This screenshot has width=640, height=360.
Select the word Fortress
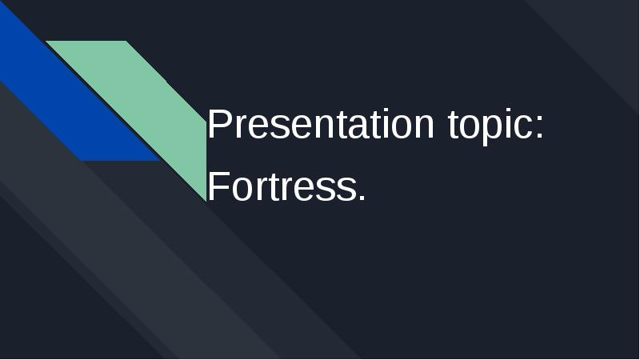[286, 187]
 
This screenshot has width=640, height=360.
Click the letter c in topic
[524, 128]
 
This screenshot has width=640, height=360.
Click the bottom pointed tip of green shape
[205, 198]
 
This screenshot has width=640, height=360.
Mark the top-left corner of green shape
[48, 42]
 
